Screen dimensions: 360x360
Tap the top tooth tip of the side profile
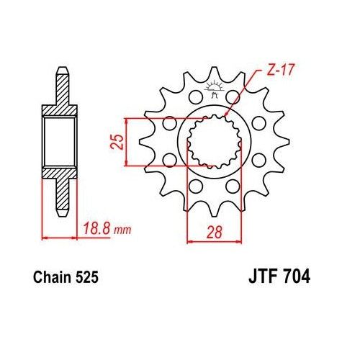pyautogui.click(x=63, y=72)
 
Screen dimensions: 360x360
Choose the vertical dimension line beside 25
pyautogui.click(x=127, y=142)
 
